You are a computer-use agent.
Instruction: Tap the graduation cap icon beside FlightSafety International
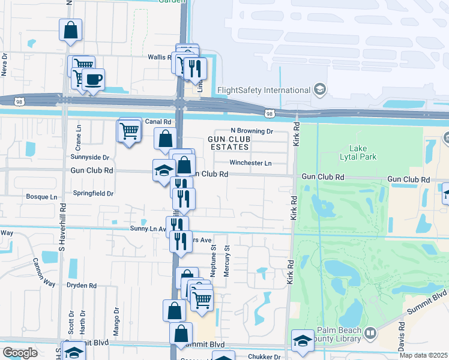click(x=320, y=90)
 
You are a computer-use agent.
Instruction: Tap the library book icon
click(x=370, y=332)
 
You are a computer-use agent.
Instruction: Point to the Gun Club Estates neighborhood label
click(x=228, y=143)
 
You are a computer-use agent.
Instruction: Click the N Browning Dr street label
click(x=252, y=131)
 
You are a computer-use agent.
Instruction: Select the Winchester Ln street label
click(x=250, y=163)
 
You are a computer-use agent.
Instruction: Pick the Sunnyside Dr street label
click(x=90, y=158)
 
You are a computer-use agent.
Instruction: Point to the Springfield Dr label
click(x=93, y=194)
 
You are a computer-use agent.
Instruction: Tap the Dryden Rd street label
click(x=82, y=286)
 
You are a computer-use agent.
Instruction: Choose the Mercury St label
click(x=227, y=264)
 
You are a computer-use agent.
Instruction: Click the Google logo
click(x=20, y=353)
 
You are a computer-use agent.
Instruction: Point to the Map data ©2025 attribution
click(x=423, y=355)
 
